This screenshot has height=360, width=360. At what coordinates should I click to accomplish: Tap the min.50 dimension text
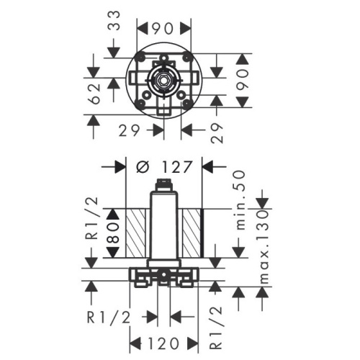tap(245, 197)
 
